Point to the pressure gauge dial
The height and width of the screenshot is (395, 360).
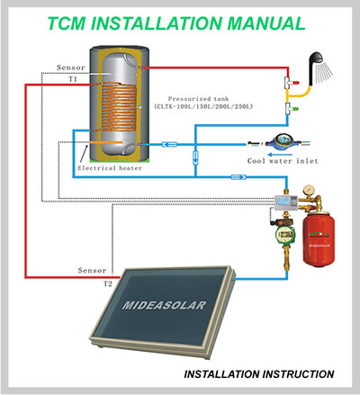click(308, 190)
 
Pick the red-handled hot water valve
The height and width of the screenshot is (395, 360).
click(291, 82)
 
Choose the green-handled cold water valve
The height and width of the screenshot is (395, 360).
click(291, 109)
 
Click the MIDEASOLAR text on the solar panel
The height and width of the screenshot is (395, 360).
click(165, 305)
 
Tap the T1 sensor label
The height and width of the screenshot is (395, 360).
click(73, 79)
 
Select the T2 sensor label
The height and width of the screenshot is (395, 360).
click(108, 283)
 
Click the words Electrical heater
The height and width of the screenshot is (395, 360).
click(110, 168)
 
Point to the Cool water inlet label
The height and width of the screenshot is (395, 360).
click(283, 161)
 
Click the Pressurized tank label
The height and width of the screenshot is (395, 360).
click(198, 99)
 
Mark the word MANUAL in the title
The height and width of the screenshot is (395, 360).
click(266, 23)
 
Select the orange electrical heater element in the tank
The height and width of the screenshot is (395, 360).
click(106, 142)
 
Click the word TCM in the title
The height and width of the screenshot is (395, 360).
click(67, 23)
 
